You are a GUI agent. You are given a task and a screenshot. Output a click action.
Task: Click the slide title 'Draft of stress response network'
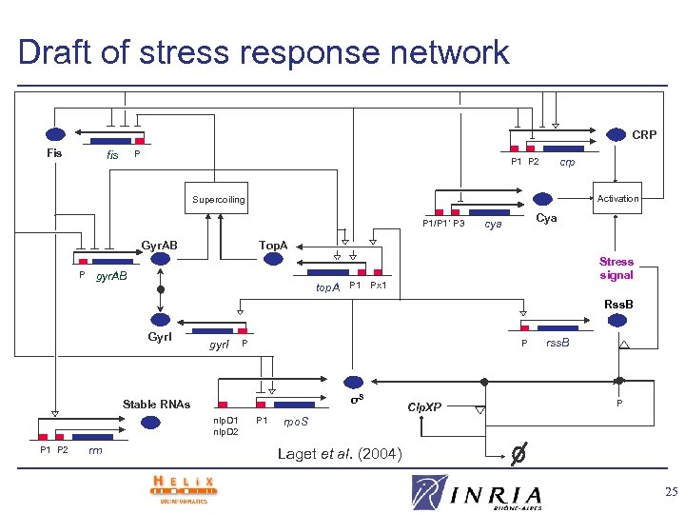point(264,51)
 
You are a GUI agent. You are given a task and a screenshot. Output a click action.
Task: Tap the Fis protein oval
point(55,135)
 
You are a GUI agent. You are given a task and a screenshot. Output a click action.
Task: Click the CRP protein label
point(643,135)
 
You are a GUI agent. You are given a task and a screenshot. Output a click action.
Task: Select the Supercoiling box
point(219,200)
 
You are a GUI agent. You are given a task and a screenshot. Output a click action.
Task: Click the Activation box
point(618,198)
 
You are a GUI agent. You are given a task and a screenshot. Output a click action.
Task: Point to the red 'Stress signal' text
point(616,268)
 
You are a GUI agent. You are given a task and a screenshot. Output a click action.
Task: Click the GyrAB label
point(160,245)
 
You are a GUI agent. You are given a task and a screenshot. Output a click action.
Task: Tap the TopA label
point(273,245)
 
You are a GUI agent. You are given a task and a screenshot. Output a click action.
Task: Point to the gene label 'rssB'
point(557,343)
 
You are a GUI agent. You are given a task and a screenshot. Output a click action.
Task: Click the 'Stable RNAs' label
point(157,405)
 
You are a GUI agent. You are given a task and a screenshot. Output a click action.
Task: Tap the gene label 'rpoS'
point(296,420)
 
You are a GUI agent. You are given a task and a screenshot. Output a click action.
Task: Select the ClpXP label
point(424,406)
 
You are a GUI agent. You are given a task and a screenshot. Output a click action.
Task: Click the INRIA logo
point(479,493)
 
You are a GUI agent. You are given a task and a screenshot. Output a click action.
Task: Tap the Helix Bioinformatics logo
point(184,488)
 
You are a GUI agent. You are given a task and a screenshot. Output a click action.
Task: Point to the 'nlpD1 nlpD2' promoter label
point(225,425)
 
